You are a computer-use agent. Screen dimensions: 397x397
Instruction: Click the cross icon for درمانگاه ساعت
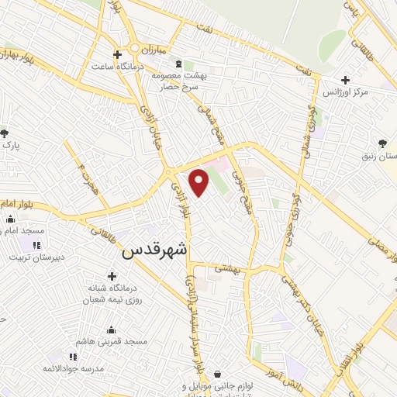tap(117, 54)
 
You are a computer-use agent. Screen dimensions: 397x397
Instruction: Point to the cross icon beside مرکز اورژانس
tap(346, 80)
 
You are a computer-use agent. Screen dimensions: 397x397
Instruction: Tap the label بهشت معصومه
tap(178, 75)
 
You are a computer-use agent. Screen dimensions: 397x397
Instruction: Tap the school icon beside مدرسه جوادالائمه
tap(74, 356)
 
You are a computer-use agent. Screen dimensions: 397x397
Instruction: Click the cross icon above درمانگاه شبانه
tap(113, 276)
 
